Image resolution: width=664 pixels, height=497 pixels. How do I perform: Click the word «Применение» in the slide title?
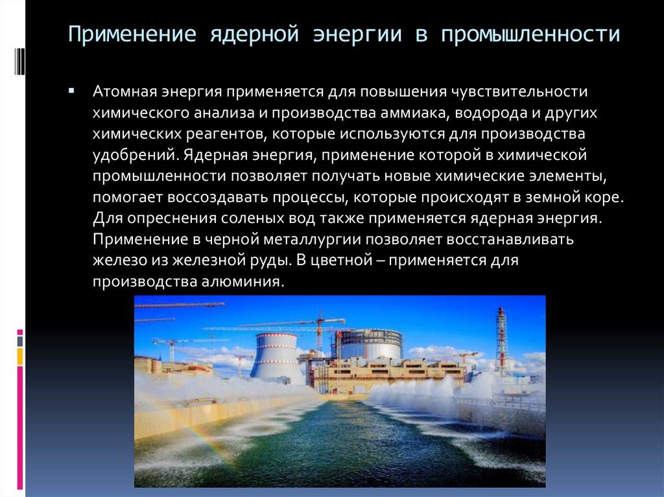(x=132, y=34)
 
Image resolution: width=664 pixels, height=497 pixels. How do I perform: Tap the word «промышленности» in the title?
(x=530, y=34)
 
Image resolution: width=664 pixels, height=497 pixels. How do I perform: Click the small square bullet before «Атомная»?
(x=71, y=91)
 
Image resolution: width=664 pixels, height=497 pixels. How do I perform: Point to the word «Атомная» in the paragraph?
(x=125, y=91)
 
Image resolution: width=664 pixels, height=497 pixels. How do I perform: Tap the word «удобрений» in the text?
(x=134, y=155)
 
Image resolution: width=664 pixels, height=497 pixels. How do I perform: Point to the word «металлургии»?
(x=312, y=240)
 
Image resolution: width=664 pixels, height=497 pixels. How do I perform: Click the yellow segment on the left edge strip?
(x=20, y=356)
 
